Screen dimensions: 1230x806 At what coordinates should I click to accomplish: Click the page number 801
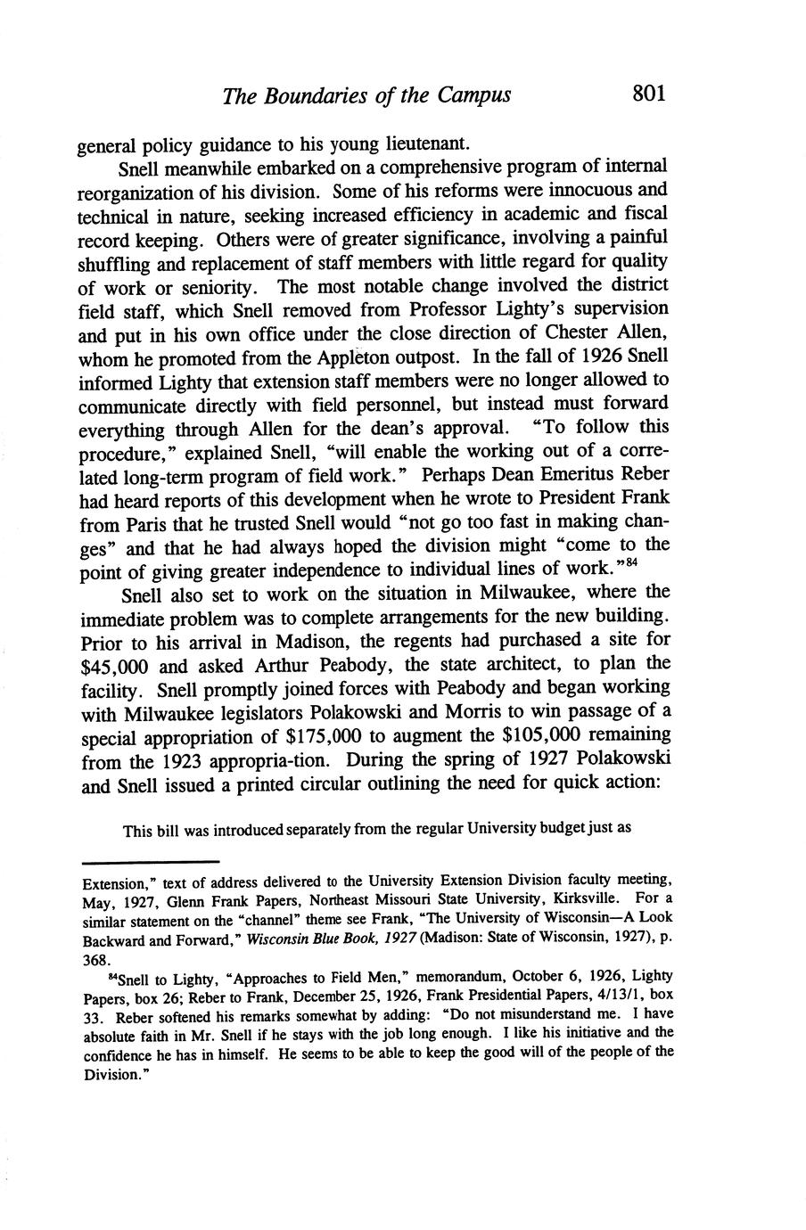648,93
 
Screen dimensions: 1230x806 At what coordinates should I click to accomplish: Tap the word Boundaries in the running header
319,94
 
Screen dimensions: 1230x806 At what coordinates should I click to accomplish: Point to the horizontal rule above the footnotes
150,862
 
